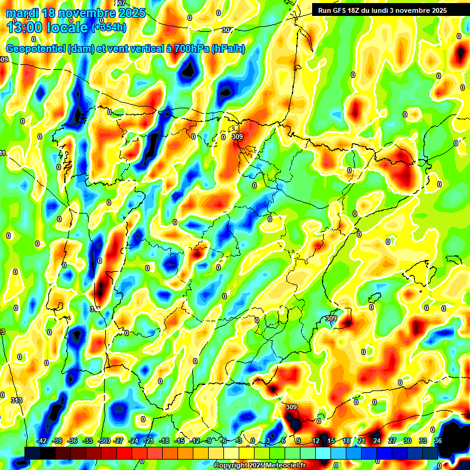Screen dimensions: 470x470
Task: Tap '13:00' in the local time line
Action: pos(24,27)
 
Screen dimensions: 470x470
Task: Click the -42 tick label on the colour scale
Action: pos(42,441)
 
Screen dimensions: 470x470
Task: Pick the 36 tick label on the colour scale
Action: pos(438,441)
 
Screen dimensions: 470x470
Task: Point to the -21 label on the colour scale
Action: pos(149,441)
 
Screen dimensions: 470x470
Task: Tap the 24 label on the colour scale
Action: pos(376,441)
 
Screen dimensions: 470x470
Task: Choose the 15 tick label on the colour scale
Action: pos(330,441)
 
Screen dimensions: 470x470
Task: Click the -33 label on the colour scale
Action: pos(88,441)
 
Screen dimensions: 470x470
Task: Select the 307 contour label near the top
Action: pos(227,30)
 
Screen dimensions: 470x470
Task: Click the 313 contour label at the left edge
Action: pos(17,400)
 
